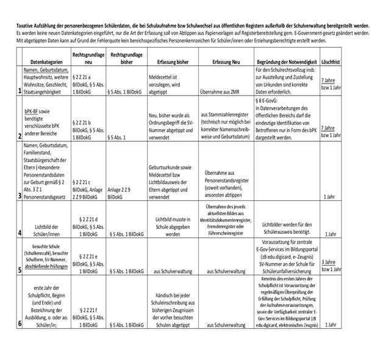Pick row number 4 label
[x=20, y=233]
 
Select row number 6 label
[x=20, y=323]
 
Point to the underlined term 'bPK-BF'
[x=34, y=104]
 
